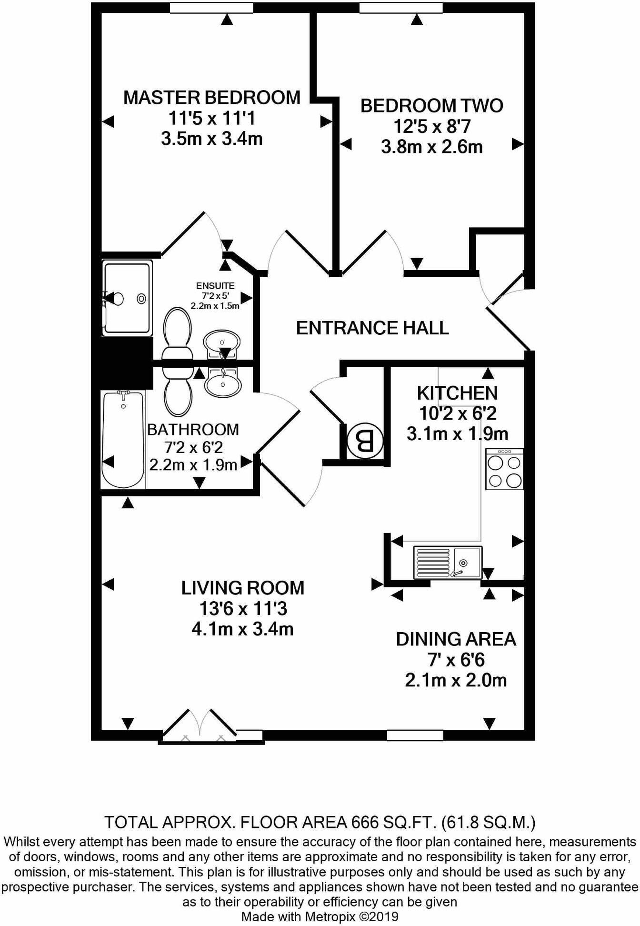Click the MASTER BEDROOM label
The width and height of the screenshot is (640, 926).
click(212, 98)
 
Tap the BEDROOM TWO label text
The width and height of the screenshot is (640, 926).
click(431, 106)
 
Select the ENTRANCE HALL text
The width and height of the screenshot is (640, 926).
click(372, 328)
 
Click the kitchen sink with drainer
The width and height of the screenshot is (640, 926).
click(448, 563)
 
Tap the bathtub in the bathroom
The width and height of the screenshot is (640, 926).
click(123, 439)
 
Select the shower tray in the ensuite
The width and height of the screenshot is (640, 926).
click(127, 298)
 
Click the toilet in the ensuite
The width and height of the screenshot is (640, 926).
click(177, 333)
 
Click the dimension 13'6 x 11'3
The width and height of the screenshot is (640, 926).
click(243, 609)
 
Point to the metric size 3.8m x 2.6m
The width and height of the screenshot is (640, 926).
click(431, 147)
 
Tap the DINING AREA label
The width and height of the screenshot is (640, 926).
click(456, 639)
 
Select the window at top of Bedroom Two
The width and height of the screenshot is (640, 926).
click(400, 7)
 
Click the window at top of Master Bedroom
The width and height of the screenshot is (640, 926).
click(211, 7)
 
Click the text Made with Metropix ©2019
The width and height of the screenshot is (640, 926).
click(320, 916)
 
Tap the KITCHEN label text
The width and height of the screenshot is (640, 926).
click(457, 393)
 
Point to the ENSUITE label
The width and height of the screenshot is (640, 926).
click(215, 286)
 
